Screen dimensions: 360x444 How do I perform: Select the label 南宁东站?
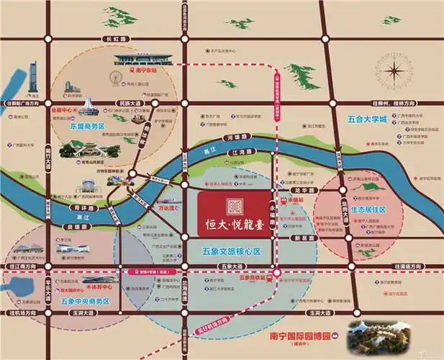pos(145,71)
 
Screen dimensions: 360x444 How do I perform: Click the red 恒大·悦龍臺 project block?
pos(235,214)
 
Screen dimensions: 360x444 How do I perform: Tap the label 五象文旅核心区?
pos(232,252)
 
